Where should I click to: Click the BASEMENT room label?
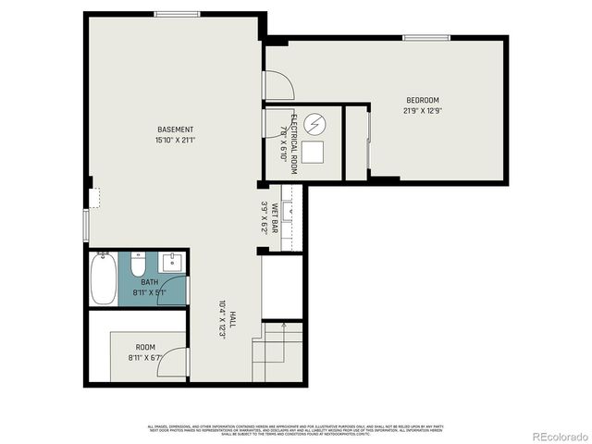pos(175,129)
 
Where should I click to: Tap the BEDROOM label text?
pos(422,100)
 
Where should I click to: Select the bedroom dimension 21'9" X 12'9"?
pos(422,110)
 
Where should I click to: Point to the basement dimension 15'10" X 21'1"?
pos(175,140)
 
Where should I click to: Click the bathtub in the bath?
pos(103,277)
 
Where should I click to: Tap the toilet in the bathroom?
pos(138,267)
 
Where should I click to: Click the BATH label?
pos(149,283)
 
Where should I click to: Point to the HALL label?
pos(232,318)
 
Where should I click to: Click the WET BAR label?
pos(274,218)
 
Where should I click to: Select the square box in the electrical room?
pos(314,152)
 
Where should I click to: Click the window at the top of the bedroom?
pos(425,37)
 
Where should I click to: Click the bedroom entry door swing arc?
pos(281,85)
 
